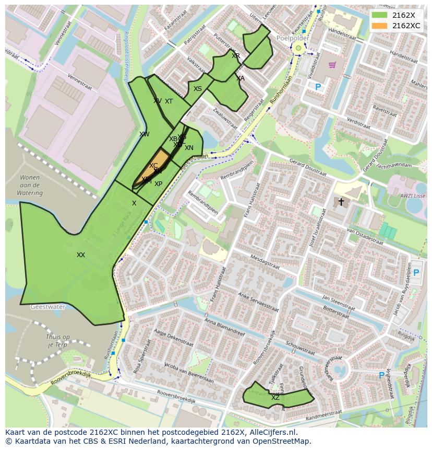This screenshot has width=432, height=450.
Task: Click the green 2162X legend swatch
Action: click(379, 16)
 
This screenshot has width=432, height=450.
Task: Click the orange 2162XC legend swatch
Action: click(379, 26)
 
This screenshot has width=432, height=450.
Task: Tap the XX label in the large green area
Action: click(81, 255)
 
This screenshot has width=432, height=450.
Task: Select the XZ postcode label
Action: click(275, 398)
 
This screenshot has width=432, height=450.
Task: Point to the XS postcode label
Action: click(198, 89)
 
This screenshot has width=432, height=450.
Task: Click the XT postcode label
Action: click(169, 101)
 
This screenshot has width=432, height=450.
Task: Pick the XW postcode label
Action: click(145, 134)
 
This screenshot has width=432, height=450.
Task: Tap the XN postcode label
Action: click(189, 148)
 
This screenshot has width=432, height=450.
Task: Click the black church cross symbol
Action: click(341, 202)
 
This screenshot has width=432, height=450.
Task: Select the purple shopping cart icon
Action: click(332, 65)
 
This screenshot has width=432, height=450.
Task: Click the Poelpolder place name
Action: click(293, 39)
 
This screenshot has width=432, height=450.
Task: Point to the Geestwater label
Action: click(47, 307)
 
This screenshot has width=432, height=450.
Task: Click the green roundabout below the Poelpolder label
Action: click(298, 49)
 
